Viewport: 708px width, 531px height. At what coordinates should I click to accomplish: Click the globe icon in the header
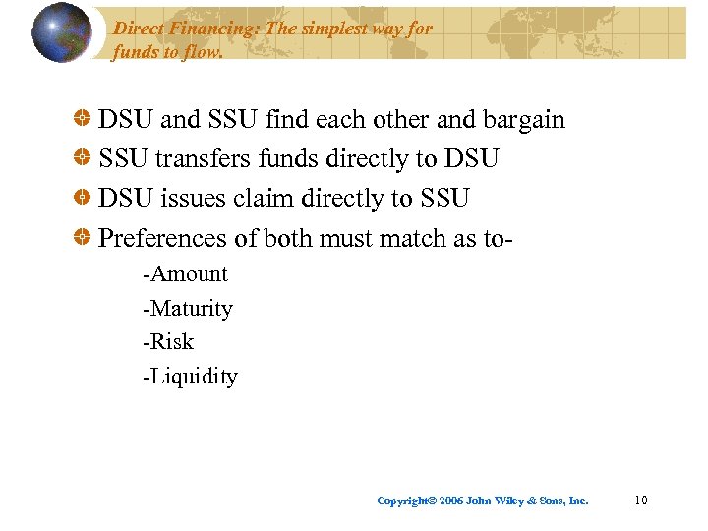click(x=62, y=32)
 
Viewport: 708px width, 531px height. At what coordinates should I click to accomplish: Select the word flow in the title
click(x=203, y=51)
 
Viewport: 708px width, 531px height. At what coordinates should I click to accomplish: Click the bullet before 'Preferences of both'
click(x=86, y=238)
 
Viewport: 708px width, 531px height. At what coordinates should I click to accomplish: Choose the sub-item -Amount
click(x=185, y=274)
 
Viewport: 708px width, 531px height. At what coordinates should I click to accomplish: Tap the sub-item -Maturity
click(x=188, y=309)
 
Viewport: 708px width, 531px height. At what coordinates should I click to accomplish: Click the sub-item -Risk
click(x=168, y=342)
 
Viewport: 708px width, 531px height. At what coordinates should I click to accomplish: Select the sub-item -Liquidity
click(x=190, y=377)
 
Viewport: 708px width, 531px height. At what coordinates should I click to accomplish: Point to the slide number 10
click(x=641, y=501)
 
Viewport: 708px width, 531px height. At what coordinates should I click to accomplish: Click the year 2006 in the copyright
click(x=451, y=501)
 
